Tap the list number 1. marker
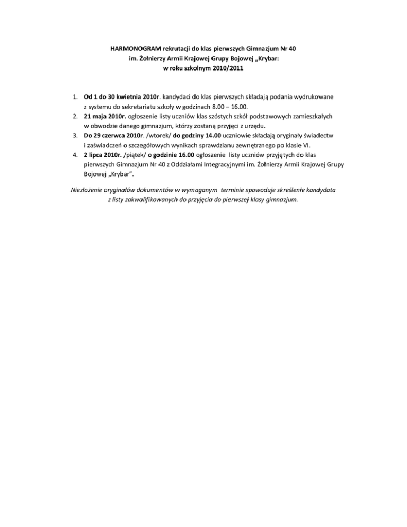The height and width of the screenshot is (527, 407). (75, 97)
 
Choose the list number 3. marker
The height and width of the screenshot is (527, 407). (75, 135)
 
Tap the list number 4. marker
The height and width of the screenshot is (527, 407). (75, 154)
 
